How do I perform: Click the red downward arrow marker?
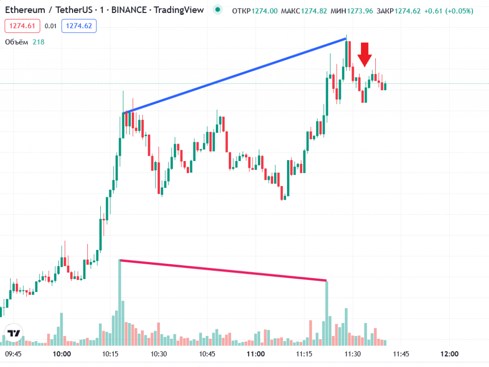(365, 54)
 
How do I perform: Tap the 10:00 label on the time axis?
(62, 354)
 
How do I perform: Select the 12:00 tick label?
(449, 354)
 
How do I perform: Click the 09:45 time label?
(13, 354)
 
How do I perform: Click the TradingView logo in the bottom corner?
(14, 334)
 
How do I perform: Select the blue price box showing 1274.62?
(79, 26)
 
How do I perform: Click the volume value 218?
(38, 42)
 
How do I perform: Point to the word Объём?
(17, 42)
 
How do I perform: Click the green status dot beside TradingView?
(218, 10)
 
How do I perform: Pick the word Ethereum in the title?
(25, 10)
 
